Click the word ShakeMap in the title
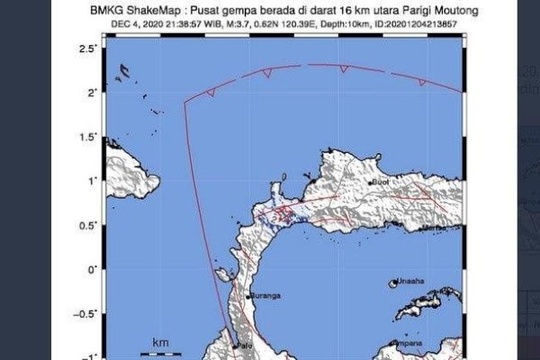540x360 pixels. [165, 11]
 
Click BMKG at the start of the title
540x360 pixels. [119, 11]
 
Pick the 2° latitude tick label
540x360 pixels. [91, 92]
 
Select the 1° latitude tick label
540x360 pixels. [91, 180]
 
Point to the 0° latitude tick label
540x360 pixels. [91, 269]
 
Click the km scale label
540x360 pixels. [160, 343]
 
